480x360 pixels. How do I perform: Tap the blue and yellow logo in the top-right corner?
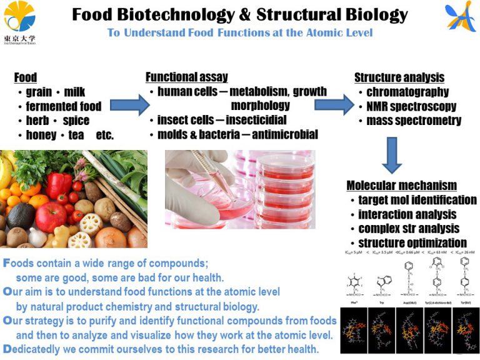click(461, 17)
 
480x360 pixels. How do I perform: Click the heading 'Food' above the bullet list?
click(26, 77)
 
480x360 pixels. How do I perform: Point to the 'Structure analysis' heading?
click(399, 77)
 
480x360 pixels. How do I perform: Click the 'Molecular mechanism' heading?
click(401, 186)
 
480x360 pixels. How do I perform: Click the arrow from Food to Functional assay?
click(130, 104)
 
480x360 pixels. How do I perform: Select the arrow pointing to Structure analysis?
click(333, 104)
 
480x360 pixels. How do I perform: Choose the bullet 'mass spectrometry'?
click(414, 120)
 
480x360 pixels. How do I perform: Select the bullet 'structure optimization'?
click(412, 242)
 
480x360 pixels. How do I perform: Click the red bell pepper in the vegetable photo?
click(59, 185)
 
